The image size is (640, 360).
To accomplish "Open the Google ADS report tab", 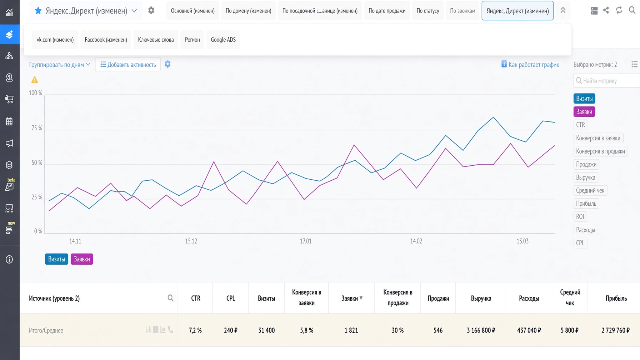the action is (223, 40).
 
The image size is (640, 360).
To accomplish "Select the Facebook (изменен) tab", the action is (106, 40).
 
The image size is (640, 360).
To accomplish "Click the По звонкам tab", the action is (462, 11).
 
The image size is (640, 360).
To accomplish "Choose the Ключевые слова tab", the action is (156, 40).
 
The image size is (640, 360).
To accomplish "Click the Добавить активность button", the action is (128, 65).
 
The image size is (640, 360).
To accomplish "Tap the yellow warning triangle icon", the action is (35, 80).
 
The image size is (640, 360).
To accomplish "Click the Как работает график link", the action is (530, 64).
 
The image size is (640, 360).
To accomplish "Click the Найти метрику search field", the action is (607, 81).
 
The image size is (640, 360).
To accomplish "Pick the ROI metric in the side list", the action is (580, 216).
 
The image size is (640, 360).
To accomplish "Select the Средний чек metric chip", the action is (590, 190).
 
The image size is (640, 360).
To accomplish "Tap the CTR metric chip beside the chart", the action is (580, 125).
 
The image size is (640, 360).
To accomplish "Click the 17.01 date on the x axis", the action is (306, 241).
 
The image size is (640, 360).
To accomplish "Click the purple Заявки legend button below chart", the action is (82, 259).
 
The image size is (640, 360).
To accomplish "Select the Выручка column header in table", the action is (481, 298).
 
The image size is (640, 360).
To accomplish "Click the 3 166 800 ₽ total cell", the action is (481, 330).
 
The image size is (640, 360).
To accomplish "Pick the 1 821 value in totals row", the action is (351, 330).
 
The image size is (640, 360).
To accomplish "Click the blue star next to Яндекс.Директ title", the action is (38, 11).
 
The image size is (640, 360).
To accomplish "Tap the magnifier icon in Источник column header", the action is (170, 298).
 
